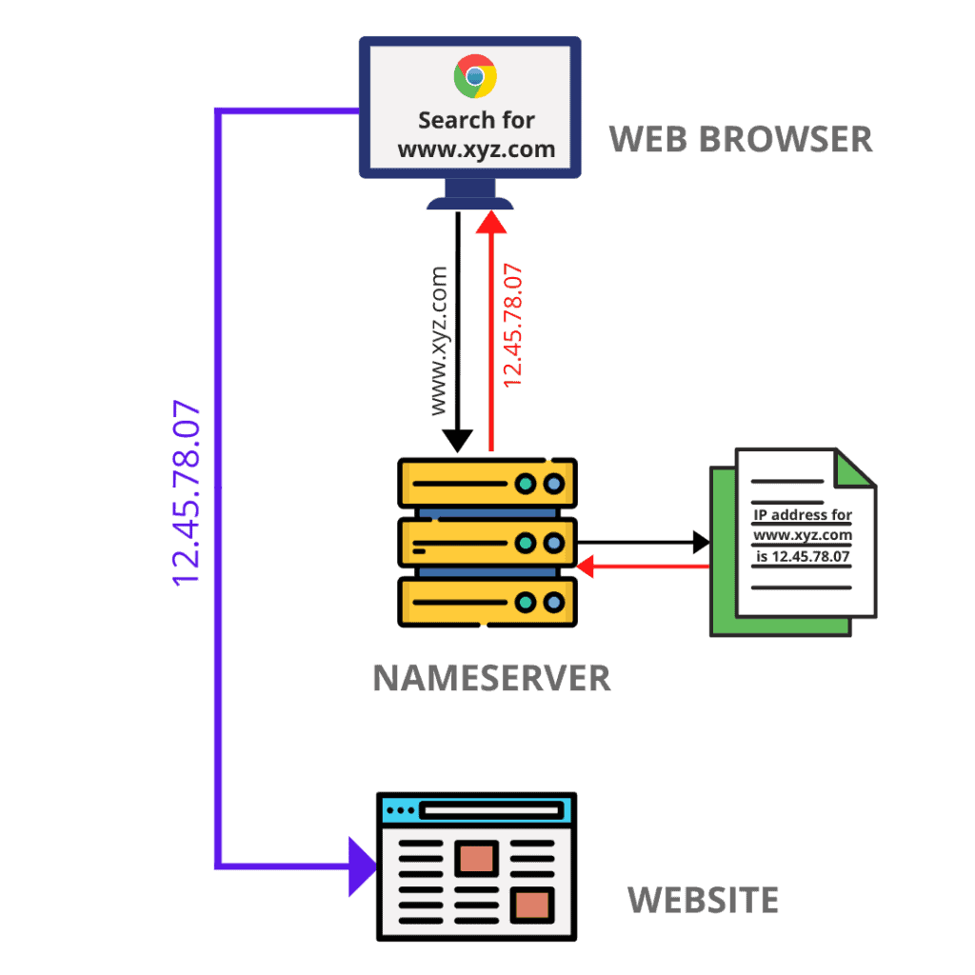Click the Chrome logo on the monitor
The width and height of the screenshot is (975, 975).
point(474,76)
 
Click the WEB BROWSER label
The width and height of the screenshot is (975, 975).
point(740,139)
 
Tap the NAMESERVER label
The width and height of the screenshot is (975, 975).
point(491,678)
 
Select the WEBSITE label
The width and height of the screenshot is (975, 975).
point(703,899)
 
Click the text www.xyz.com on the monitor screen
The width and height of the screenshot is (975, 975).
point(475,149)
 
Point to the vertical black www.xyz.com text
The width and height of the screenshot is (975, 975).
point(438,340)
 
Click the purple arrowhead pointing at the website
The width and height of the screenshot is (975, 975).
point(363,866)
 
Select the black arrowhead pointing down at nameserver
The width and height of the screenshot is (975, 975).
point(458,439)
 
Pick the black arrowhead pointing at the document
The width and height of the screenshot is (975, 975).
point(701,544)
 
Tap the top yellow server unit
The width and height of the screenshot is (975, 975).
point(487,484)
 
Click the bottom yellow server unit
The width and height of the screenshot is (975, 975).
point(487,601)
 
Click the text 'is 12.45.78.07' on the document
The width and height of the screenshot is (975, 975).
point(803,556)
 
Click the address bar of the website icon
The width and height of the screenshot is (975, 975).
point(490,810)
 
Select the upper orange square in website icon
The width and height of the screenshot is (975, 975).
point(476,856)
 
